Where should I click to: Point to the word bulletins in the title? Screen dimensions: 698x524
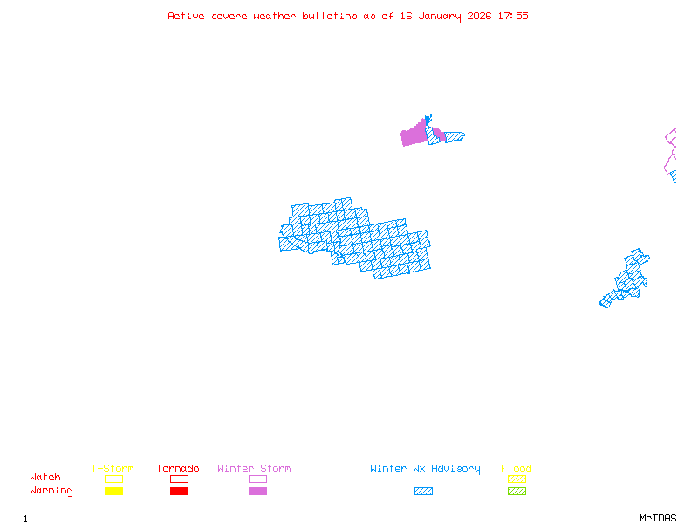click(x=330, y=16)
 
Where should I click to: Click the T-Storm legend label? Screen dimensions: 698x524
click(x=113, y=468)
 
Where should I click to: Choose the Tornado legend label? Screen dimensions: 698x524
click(x=178, y=468)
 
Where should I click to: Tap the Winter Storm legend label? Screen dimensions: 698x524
click(x=254, y=468)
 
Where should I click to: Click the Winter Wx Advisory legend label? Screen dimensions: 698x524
click(x=425, y=468)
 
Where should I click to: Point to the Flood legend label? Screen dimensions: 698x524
click(x=517, y=468)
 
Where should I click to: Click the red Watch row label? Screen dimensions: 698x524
click(x=45, y=478)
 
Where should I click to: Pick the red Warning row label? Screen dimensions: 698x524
click(x=51, y=491)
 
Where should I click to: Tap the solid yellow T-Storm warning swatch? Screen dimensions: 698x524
click(x=113, y=491)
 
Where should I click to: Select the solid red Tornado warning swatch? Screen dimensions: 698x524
click(x=179, y=491)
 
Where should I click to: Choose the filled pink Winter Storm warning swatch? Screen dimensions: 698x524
click(x=257, y=491)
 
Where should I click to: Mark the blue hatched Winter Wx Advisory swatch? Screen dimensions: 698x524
click(x=423, y=491)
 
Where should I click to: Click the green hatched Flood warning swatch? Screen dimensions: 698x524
click(x=517, y=491)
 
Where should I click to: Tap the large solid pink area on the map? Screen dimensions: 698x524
click(x=413, y=135)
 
